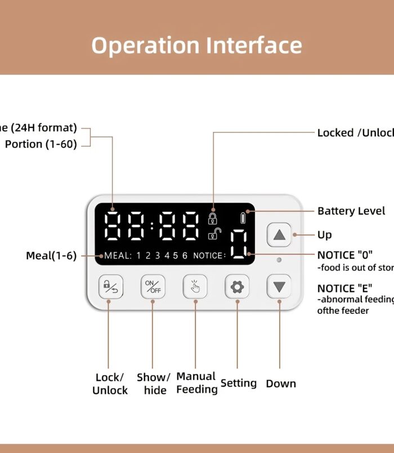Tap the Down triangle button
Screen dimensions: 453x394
279,287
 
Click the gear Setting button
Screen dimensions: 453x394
237,287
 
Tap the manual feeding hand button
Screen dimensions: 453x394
195,287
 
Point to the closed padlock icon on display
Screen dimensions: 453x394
213,218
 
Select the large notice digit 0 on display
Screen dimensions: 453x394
239,245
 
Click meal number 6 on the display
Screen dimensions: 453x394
185,256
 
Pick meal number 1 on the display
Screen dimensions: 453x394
139,256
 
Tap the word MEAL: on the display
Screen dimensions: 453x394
118,256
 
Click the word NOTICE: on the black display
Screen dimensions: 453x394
209,256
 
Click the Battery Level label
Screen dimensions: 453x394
351,211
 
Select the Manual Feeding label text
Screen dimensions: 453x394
196,383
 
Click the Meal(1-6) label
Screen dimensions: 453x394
51,256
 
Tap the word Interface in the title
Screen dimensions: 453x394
254,45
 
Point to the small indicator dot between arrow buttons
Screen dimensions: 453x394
279,260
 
